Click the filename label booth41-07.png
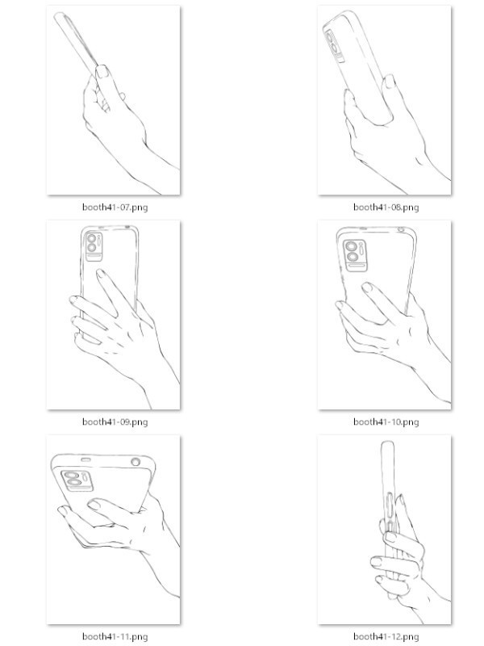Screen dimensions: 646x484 point(115,207)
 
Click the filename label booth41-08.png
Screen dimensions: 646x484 point(386,207)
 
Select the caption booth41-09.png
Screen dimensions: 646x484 point(115,422)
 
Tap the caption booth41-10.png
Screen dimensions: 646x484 point(386,422)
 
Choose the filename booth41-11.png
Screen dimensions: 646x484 point(115,636)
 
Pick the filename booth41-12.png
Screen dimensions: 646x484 point(386,636)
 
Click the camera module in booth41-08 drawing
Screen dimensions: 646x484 point(333,47)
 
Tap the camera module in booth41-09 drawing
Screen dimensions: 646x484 point(94,245)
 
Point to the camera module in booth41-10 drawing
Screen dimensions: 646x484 point(353,255)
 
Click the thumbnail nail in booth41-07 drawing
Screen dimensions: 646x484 point(102,73)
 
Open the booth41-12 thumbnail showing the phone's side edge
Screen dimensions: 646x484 point(385,530)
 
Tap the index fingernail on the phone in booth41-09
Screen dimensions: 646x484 point(100,275)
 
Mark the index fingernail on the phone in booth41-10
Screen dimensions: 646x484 point(367,287)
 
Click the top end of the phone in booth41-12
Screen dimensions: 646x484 point(387,445)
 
